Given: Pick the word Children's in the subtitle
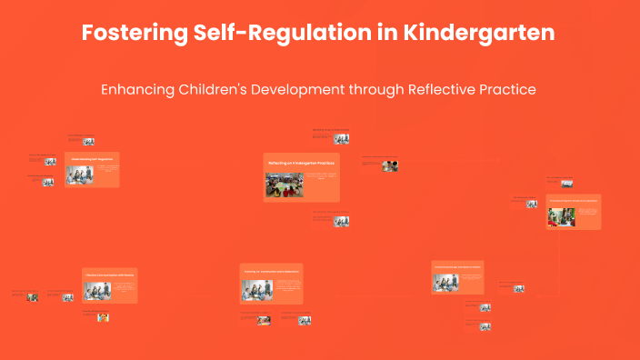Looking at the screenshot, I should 218,90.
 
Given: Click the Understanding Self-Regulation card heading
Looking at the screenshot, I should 92,158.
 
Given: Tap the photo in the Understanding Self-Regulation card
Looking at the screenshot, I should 80,175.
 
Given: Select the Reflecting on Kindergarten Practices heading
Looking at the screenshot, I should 301,163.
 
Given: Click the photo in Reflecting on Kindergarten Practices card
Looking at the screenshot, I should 285,185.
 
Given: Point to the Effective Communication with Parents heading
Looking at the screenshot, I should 109,274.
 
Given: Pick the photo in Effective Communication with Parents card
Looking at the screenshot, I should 98,290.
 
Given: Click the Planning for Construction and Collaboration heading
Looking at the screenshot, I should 271,271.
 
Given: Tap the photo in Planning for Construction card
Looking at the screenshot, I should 257,290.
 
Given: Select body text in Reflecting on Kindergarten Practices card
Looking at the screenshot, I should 321,176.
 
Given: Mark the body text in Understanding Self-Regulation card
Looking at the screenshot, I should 107,169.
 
